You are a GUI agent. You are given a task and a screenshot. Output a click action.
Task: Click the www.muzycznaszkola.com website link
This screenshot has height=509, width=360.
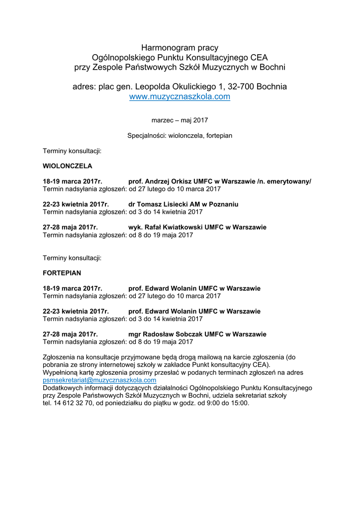pyautogui.click(x=180, y=97)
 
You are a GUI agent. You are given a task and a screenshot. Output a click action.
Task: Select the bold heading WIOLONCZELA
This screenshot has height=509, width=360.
pyautogui.click(x=67, y=166)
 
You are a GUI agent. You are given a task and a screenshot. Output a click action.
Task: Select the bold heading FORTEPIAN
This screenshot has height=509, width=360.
pyautogui.click(x=62, y=273)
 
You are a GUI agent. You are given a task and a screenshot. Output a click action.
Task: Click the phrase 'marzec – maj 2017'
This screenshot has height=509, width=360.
pyautogui.click(x=180, y=120)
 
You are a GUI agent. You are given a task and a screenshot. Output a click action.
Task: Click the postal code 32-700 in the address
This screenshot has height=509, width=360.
pyautogui.click(x=243, y=86)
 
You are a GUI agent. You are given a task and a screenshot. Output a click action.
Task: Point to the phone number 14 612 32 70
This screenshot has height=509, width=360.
pyautogui.click(x=73, y=403)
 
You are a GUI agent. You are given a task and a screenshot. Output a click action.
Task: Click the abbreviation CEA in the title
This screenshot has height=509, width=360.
pyautogui.click(x=259, y=58)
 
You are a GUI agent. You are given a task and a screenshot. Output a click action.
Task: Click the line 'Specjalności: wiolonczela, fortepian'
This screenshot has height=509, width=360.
pyautogui.click(x=180, y=135)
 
